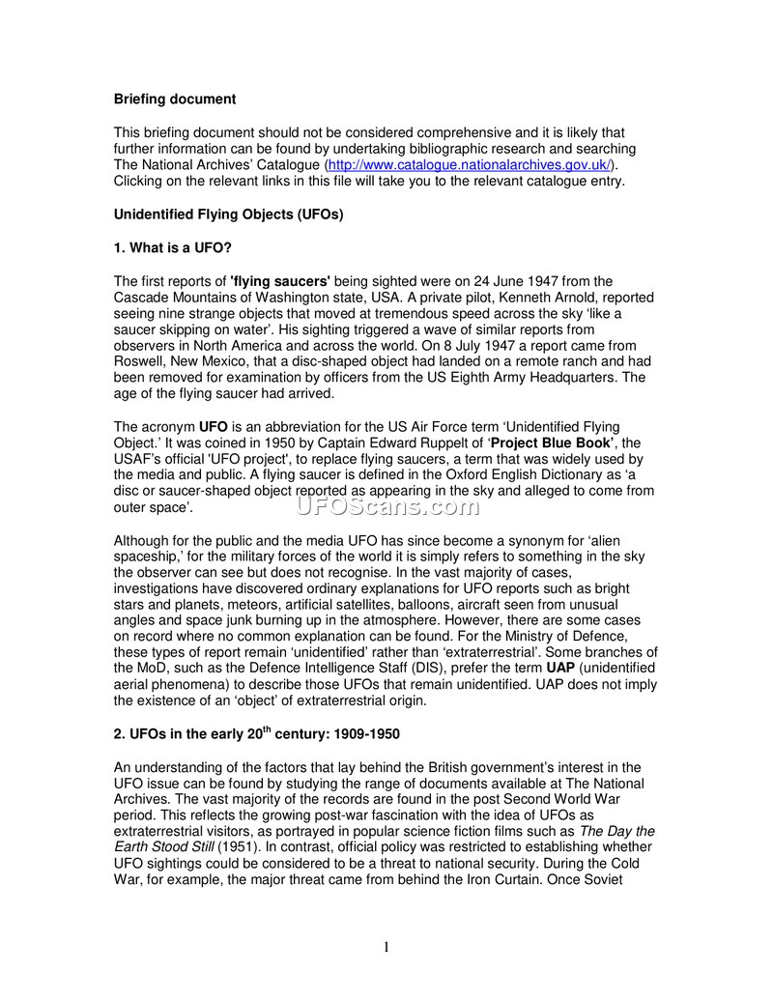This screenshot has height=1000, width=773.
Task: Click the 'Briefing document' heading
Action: (175, 99)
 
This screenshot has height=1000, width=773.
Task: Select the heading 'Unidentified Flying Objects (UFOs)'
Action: (229, 214)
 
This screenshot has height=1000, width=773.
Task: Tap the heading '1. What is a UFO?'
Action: (172, 247)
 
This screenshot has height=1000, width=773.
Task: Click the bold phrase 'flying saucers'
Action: (281, 280)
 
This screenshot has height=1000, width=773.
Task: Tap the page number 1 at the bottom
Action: (386, 947)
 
